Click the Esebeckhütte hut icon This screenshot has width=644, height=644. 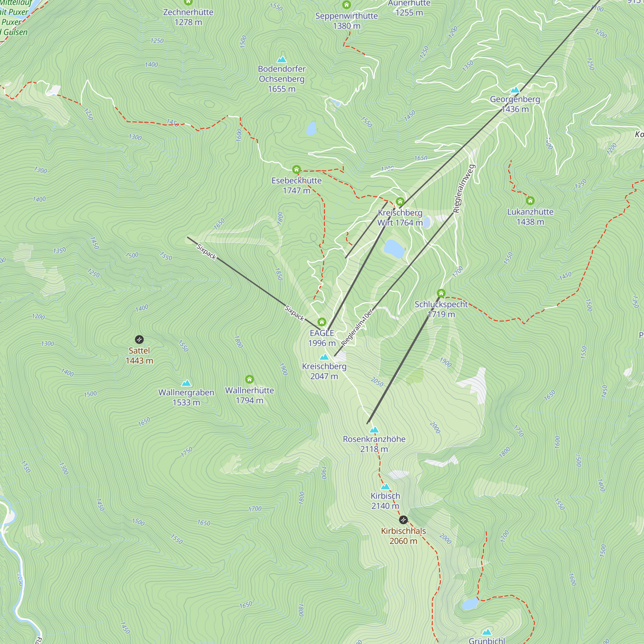[296, 170]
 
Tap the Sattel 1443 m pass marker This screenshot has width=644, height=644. [139, 340]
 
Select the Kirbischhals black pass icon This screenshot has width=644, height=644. [403, 520]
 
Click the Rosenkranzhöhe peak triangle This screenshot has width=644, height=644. [374, 430]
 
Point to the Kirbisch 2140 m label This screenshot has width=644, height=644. [385, 501]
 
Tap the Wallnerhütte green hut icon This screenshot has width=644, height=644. [249, 379]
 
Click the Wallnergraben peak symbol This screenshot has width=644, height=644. [186, 383]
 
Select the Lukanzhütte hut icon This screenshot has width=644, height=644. [530, 201]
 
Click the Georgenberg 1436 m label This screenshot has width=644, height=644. [515, 104]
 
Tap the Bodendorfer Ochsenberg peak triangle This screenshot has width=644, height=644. [282, 60]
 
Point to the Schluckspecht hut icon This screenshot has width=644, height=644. [441, 293]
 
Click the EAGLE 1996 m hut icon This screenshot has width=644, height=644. [322, 322]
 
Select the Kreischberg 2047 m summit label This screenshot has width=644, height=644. [324, 371]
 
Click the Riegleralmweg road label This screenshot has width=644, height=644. [463, 189]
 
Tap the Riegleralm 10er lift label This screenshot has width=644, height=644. [356, 328]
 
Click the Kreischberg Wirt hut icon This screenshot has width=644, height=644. [400, 202]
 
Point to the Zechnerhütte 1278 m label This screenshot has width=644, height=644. [188, 17]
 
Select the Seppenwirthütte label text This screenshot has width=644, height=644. [346, 16]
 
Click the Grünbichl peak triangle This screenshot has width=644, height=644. [487, 632]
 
